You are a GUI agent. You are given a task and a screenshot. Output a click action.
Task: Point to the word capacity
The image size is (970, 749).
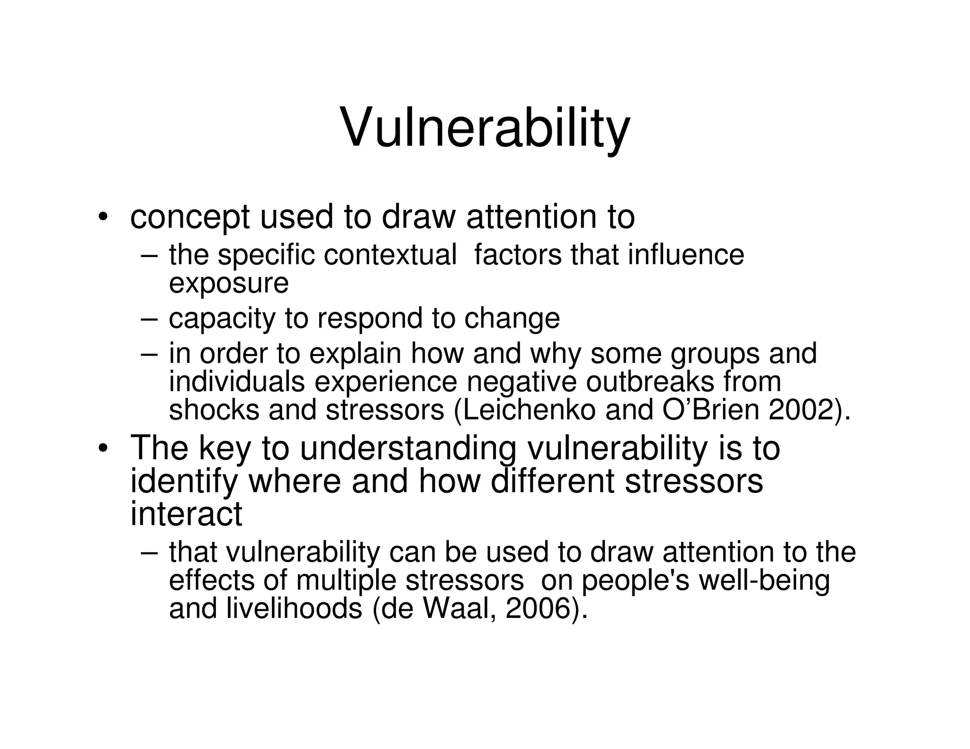pyautogui.click(x=222, y=318)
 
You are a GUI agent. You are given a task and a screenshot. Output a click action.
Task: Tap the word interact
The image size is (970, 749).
pyautogui.click(x=186, y=514)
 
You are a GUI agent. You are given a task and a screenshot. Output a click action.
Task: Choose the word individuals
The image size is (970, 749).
pyautogui.click(x=237, y=382)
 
